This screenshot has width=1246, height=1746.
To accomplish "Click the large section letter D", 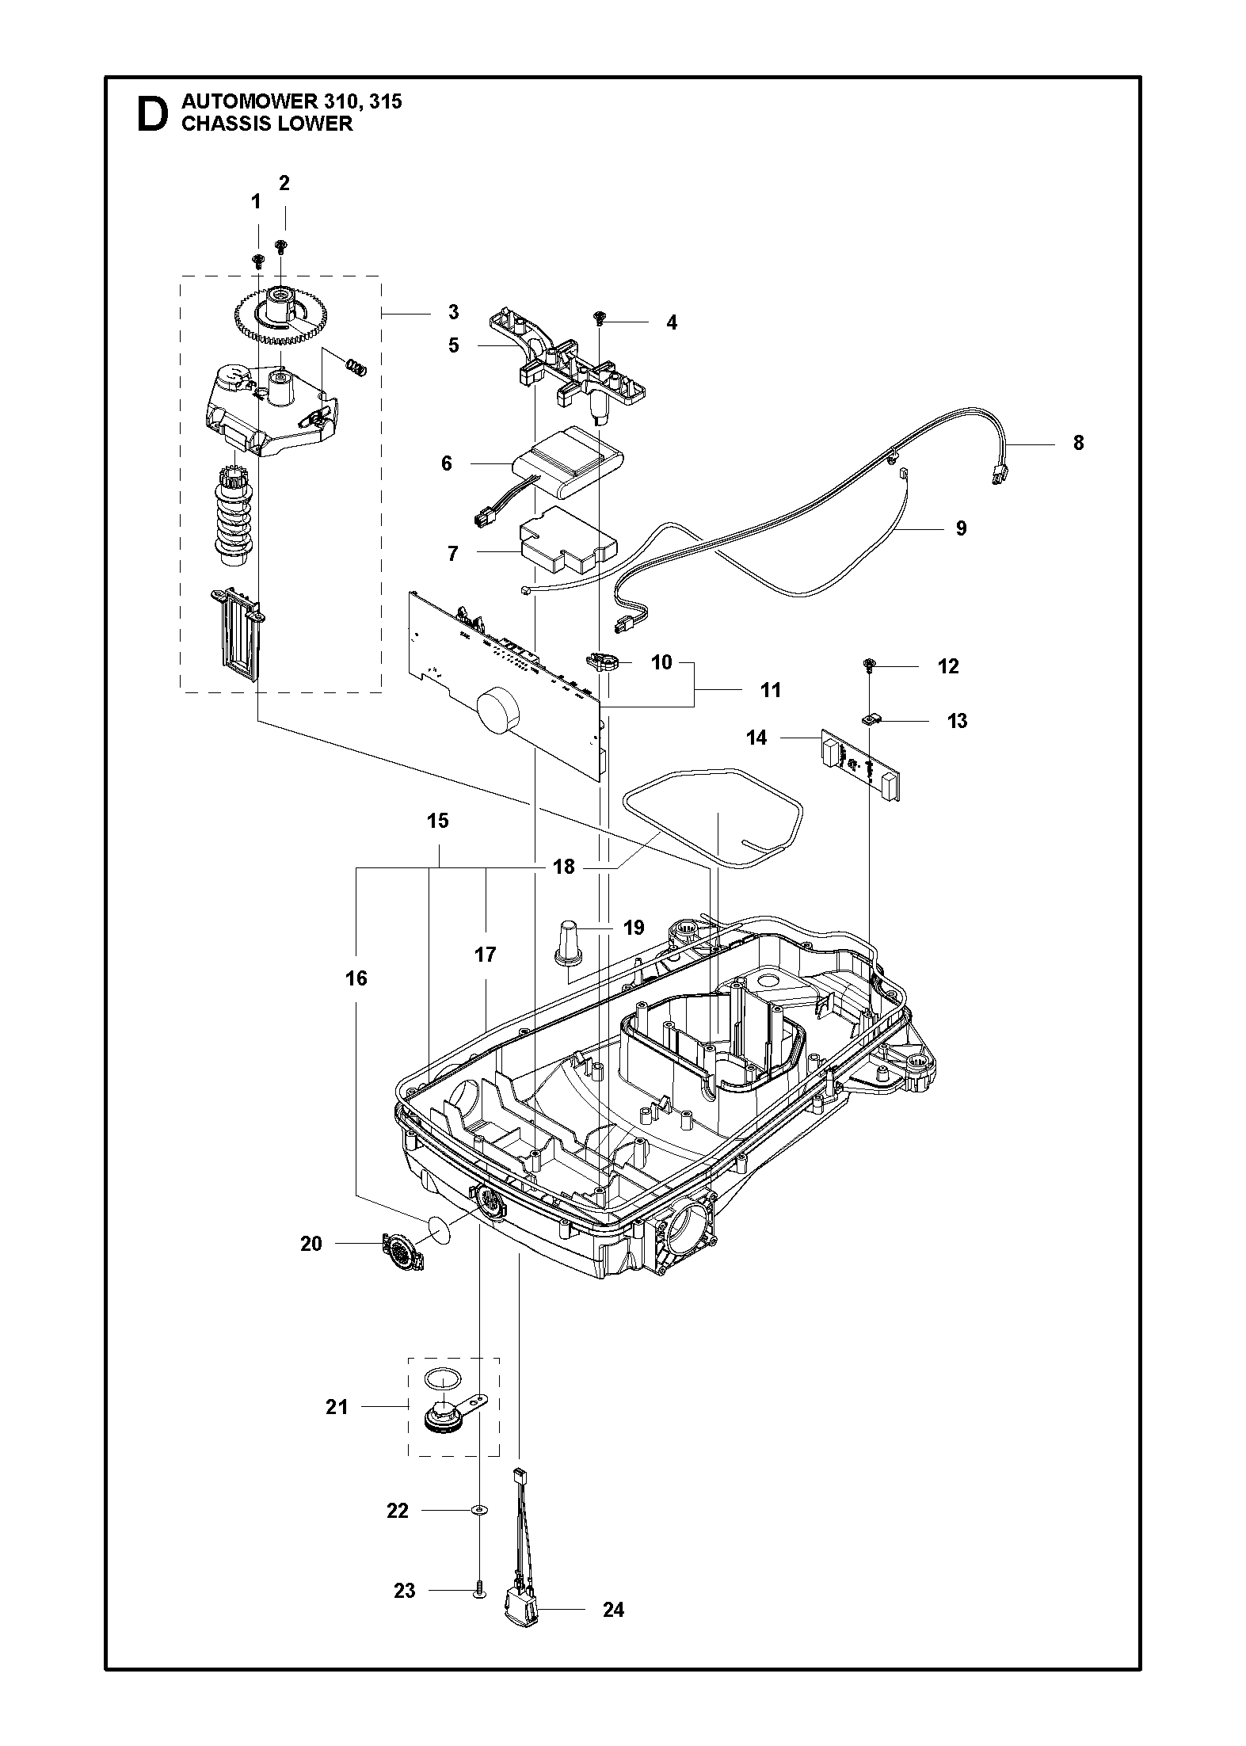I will pos(152,114).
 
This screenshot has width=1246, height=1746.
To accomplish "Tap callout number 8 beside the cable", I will pos(1078,443).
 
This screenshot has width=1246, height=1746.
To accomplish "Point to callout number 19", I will pos(634,928).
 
